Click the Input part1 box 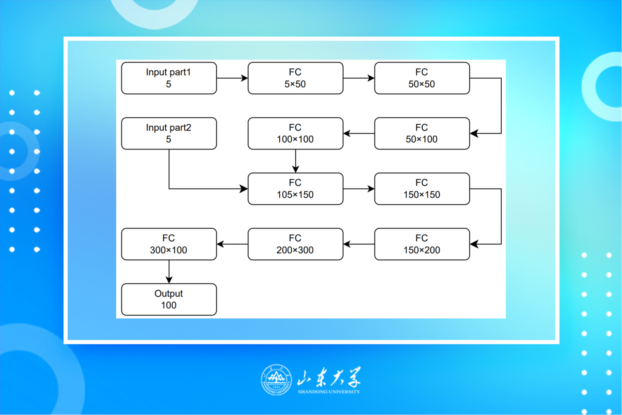tap(169, 78)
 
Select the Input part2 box tap(169, 133)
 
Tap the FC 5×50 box tap(295, 78)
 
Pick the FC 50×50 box tap(422, 78)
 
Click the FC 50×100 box tap(422, 133)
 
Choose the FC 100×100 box tap(295, 133)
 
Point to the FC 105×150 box tap(295, 189)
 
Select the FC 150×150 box tap(422, 189)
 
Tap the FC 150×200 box tap(422, 244)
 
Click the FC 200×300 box tap(295, 244)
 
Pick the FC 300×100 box tap(169, 244)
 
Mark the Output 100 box tap(169, 299)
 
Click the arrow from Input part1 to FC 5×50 tap(232, 78)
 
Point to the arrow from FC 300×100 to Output tap(169, 271)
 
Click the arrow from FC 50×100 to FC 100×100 tap(359, 133)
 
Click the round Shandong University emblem tap(276, 380)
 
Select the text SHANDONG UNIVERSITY tap(329, 391)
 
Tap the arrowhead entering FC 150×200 tap(474, 244)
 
